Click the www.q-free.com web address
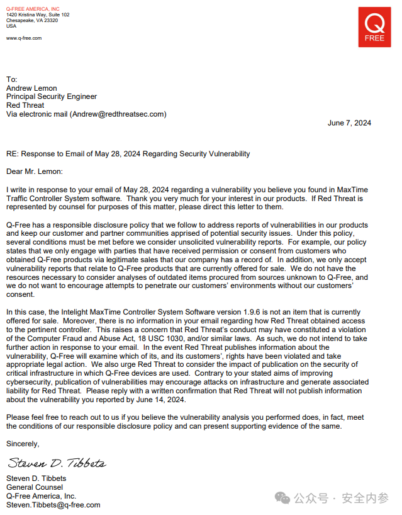tap(24, 38)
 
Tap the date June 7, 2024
tap(349, 123)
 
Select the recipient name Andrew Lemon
tap(31, 88)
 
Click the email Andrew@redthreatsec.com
tap(118, 114)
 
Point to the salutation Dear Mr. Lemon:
tap(35, 171)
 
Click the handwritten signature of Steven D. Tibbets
tap(56, 464)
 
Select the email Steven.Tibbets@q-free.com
tap(53, 505)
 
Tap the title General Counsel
tap(35, 487)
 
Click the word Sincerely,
tap(23, 444)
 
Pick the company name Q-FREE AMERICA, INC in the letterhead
tap(33, 8)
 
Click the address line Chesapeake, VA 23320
tap(32, 20)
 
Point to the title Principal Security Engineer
tap(52, 96)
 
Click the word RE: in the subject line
tap(13, 154)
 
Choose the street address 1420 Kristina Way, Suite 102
tap(38, 14)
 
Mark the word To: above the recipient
tap(12, 79)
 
